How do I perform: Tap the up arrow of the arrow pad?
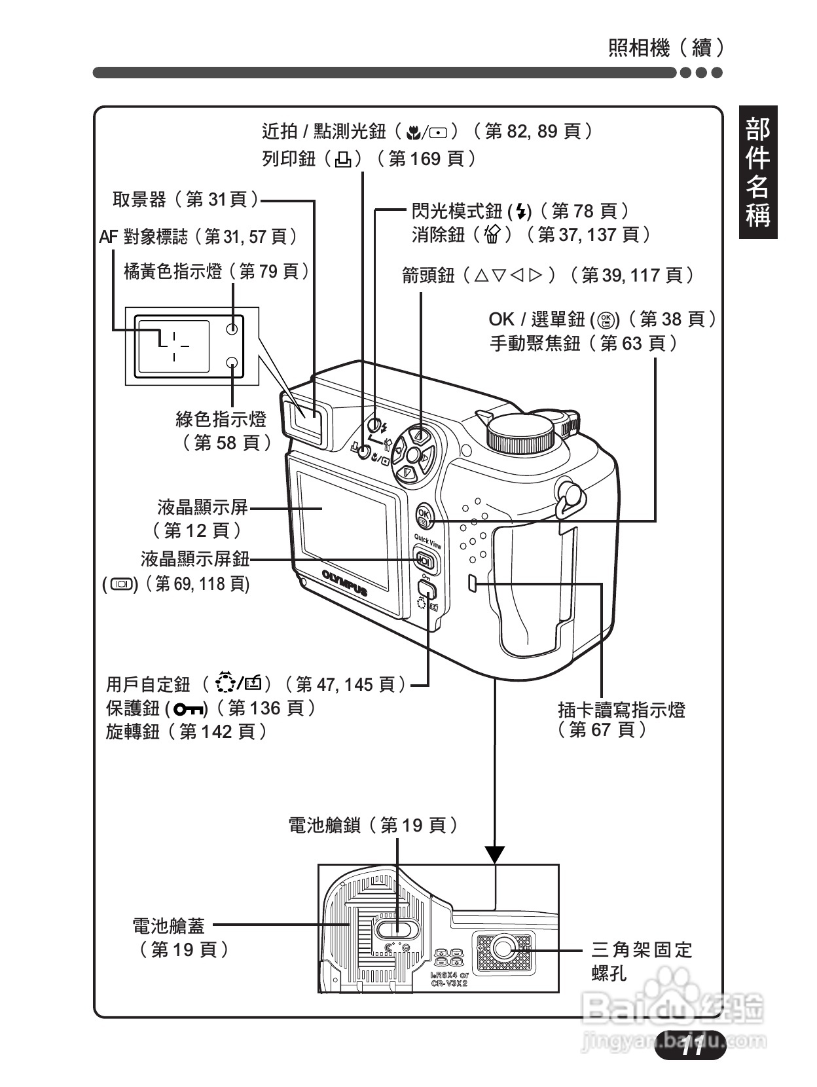tap(420, 435)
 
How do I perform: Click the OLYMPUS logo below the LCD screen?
tap(344, 582)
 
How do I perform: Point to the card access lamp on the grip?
tap(473, 583)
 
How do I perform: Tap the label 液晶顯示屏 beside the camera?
tap(203, 506)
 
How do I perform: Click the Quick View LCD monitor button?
tap(424, 561)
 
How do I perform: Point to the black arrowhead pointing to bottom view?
tap(496, 854)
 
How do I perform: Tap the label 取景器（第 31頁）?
tap(185, 200)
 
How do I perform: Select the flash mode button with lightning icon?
tap(373, 424)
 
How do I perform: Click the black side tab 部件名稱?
tap(758, 172)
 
